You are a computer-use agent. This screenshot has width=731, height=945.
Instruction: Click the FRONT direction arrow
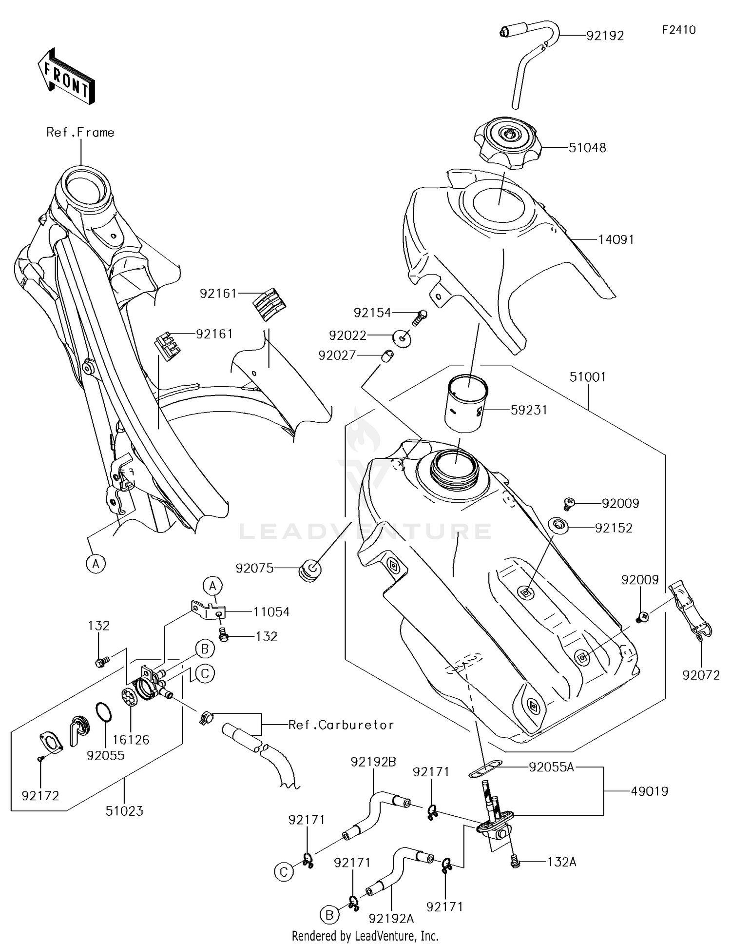[66, 76]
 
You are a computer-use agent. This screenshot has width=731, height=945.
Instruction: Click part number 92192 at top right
[605, 36]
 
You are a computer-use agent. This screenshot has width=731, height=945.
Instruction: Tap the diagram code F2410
[678, 30]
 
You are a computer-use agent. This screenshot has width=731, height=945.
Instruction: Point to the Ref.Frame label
[80, 133]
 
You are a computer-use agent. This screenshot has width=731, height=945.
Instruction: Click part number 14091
[616, 239]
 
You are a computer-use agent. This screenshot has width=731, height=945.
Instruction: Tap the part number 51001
[588, 377]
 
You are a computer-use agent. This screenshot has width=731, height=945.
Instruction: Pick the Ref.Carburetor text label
[341, 725]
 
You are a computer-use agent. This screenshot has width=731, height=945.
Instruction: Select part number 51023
[124, 811]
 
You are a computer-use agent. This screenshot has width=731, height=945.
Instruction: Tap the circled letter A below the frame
[96, 564]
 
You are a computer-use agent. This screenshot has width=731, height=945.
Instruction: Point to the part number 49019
[649, 791]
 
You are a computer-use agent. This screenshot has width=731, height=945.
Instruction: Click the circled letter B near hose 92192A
[329, 915]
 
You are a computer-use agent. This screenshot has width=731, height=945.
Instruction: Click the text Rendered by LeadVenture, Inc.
[365, 936]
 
